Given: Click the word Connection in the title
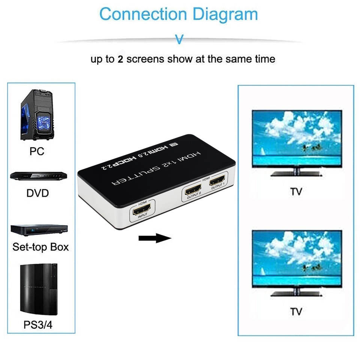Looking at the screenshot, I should (143, 14).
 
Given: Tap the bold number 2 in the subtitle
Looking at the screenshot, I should (120, 59).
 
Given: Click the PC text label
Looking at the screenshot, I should (37, 151).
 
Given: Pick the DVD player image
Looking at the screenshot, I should (39, 177).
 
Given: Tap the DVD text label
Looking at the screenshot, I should (38, 193).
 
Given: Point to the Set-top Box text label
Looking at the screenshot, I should (40, 247).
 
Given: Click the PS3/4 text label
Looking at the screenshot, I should (38, 324).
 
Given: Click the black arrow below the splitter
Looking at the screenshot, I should (154, 238).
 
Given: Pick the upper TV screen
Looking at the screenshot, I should (296, 138).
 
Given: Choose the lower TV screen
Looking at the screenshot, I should (296, 258).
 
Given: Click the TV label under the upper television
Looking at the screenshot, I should (296, 192).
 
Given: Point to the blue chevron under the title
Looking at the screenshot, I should (180, 39).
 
